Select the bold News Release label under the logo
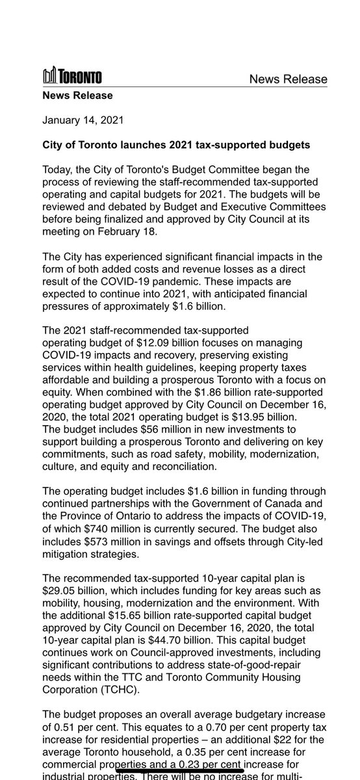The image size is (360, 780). click(x=77, y=96)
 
